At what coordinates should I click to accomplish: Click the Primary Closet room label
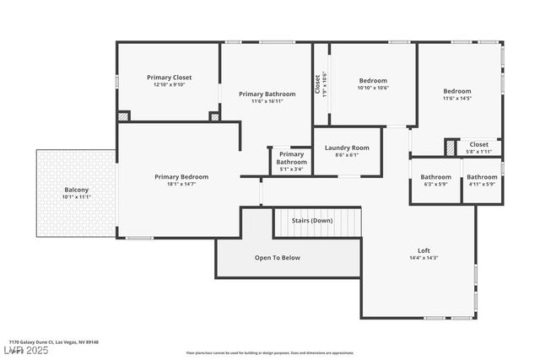point(169,77)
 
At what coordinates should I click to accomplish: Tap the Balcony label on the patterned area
point(76,190)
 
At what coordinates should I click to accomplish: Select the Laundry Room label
point(347,148)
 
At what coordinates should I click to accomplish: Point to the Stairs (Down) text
point(312,220)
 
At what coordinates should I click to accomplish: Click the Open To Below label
point(277,257)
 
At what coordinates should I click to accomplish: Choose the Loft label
point(424,250)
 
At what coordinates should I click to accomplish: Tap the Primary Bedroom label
point(181,177)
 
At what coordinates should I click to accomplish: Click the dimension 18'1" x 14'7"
point(181,185)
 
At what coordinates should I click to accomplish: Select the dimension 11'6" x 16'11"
point(267,102)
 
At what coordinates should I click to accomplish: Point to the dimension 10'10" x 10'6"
point(372,88)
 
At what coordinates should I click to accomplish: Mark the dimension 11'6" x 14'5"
point(457,99)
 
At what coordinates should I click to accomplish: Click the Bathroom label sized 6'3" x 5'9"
point(435,177)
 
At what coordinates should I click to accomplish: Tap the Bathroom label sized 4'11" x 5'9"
point(482,177)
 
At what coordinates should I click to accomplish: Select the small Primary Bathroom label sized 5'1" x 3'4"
point(291,158)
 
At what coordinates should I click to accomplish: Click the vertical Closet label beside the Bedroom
point(318,85)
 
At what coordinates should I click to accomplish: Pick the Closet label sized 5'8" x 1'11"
point(478,144)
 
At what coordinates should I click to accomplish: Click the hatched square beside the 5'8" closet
point(451,148)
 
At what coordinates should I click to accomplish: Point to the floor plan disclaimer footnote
point(269,352)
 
